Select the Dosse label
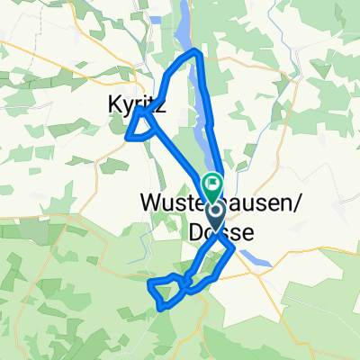[x=221, y=232]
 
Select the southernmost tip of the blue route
[x=163, y=308]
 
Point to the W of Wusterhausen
[x=151, y=204]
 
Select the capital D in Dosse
[x=197, y=232]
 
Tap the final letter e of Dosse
[x=246, y=232]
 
